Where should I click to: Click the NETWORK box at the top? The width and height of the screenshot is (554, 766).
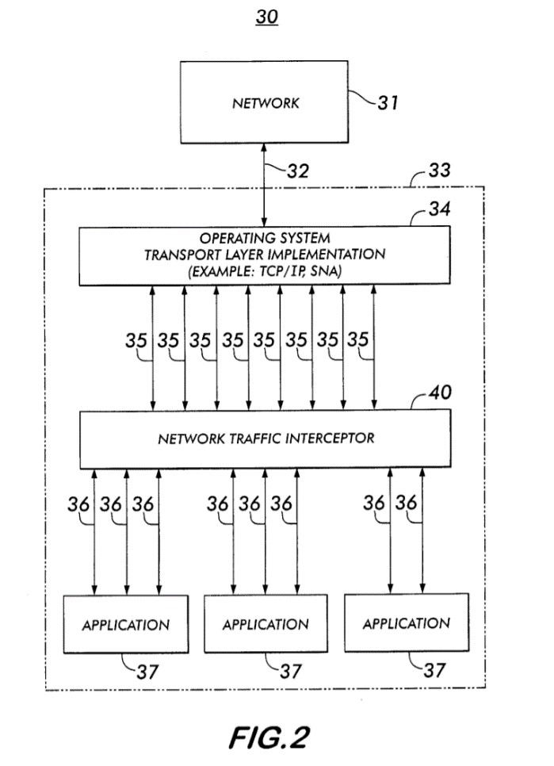[x=266, y=103]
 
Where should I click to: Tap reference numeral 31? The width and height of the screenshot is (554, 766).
[x=388, y=103]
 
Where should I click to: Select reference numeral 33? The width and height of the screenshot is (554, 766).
[x=434, y=170]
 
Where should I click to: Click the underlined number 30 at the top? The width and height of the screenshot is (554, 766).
[x=267, y=17]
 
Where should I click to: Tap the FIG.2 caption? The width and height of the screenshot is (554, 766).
[x=267, y=737]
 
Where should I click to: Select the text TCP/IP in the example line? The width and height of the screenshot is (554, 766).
[x=304, y=270]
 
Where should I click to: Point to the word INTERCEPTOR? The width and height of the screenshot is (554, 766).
[x=329, y=437]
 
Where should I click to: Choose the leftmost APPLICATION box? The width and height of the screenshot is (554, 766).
[x=126, y=624]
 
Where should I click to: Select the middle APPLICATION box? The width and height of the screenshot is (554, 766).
[x=265, y=624]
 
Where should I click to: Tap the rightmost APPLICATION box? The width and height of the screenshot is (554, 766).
[x=406, y=623]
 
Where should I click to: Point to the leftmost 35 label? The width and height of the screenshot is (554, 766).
[x=136, y=340]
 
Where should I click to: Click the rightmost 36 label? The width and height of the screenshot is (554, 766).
[x=405, y=503]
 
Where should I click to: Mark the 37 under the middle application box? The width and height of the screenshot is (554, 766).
[x=290, y=671]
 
